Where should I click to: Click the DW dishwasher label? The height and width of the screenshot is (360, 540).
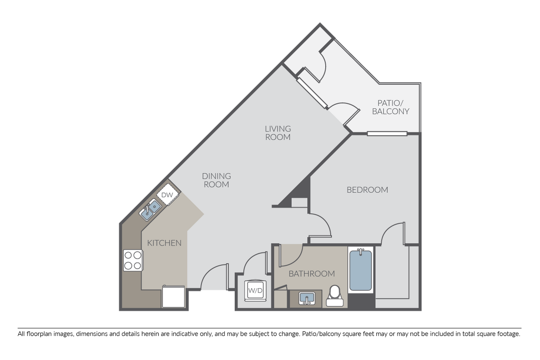point(167,195)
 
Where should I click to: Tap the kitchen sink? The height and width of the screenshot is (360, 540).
point(150,209)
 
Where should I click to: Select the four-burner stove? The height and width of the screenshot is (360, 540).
point(133,260)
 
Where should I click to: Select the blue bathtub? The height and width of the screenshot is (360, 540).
point(361,270)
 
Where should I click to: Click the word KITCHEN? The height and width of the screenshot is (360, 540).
point(164,243)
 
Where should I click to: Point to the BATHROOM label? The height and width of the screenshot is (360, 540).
point(312,274)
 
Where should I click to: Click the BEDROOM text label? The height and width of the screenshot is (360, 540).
point(367,190)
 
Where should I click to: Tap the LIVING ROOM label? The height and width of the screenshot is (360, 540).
point(278,133)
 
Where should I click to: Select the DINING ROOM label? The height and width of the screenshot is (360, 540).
point(216,180)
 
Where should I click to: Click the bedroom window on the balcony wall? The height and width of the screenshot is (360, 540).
point(387,134)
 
